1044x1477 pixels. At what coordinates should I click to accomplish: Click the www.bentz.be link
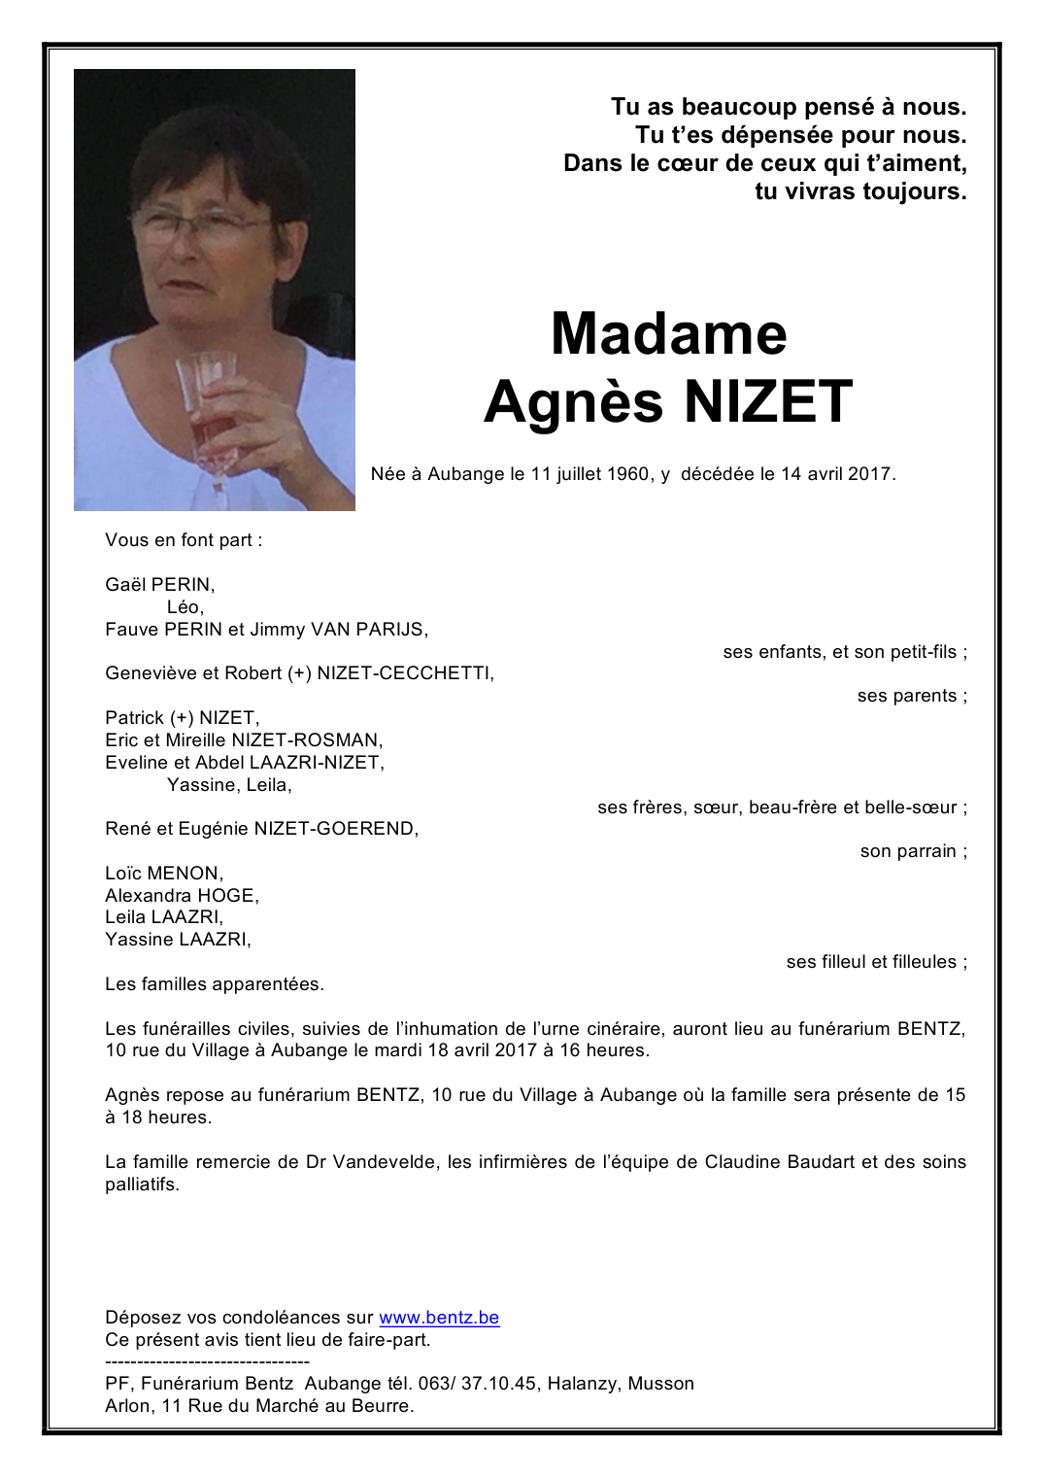click(x=439, y=1318)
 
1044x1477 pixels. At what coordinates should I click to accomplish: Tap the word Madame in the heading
click(x=668, y=333)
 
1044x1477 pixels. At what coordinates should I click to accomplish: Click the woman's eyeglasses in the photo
click(x=199, y=225)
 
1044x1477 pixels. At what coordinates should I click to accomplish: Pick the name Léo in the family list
click(x=185, y=607)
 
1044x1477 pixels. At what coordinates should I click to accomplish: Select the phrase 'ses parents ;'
click(x=912, y=696)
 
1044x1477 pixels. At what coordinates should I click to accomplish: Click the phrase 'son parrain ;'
click(x=913, y=851)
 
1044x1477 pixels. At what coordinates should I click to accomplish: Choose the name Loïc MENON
click(x=163, y=873)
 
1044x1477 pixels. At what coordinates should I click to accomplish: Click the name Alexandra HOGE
click(x=182, y=895)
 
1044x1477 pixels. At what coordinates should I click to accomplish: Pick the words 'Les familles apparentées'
click(x=214, y=984)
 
